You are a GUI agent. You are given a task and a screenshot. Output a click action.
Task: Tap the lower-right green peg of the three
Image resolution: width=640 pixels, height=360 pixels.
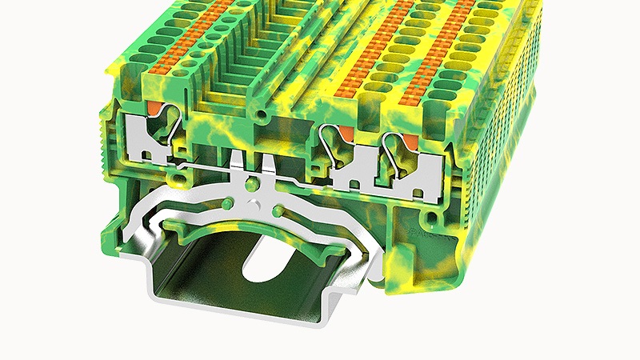[278, 209]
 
